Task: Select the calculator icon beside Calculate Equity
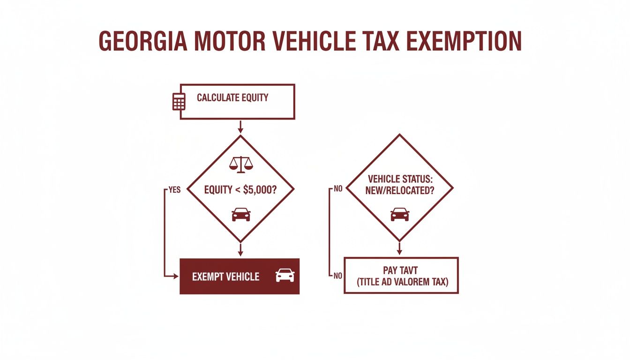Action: click(x=179, y=101)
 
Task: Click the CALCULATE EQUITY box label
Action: click(x=232, y=98)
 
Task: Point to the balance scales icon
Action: click(x=240, y=163)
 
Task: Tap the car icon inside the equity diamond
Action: click(x=241, y=214)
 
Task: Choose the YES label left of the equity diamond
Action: click(x=174, y=190)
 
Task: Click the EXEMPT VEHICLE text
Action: click(x=225, y=277)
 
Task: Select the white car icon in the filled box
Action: click(x=285, y=275)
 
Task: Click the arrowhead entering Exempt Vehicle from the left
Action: click(x=177, y=276)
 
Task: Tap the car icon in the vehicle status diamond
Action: click(x=399, y=214)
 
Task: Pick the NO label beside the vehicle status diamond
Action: click(x=337, y=190)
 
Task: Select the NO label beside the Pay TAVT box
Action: click(x=337, y=276)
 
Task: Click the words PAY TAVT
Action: click(x=401, y=270)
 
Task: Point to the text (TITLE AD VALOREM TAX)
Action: click(x=401, y=282)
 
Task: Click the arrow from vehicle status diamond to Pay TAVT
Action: click(x=399, y=249)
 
